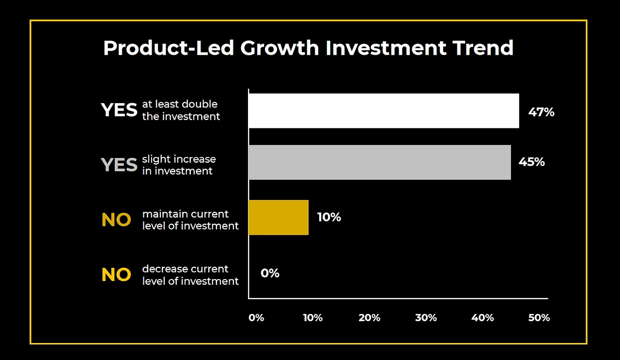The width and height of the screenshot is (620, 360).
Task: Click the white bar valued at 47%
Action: (384, 111)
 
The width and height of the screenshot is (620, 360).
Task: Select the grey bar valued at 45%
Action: (380, 162)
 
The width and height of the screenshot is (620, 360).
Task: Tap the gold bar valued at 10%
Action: (279, 218)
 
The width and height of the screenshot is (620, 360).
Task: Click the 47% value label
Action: (541, 112)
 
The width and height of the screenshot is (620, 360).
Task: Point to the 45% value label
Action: (531, 162)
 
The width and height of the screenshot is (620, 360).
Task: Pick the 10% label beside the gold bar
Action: (329, 218)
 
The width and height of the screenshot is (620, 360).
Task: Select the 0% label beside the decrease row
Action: (270, 273)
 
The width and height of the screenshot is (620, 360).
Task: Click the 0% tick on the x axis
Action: (256, 318)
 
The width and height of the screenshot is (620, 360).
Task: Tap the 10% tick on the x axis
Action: (313, 318)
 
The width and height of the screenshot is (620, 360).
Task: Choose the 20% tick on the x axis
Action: (369, 318)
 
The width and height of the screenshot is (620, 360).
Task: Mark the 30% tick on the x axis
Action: (426, 318)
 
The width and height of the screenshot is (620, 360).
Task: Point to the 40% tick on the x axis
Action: (482, 318)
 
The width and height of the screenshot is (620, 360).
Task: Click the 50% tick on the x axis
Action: (539, 318)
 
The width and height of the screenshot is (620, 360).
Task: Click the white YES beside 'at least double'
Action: (119, 110)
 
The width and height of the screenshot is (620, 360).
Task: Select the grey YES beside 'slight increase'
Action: (119, 165)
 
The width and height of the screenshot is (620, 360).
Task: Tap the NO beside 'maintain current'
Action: (116, 220)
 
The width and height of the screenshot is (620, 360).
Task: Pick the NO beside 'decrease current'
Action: (116, 275)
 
